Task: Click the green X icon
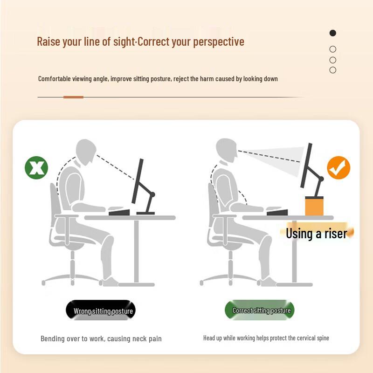[36, 168]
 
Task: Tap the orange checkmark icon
[338, 168]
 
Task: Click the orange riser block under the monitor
[314, 206]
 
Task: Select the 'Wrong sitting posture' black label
[101, 311]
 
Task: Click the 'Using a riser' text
[317, 233]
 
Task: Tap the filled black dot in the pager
[332, 33]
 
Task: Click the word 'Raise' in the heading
[48, 41]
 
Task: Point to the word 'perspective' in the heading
[219, 42]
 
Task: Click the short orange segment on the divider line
[73, 97]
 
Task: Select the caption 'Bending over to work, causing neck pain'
[101, 338]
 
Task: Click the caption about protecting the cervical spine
[266, 338]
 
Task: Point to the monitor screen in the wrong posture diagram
[138, 179]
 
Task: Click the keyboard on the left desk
[119, 213]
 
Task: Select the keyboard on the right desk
[277, 213]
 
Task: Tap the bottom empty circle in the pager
[332, 70]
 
